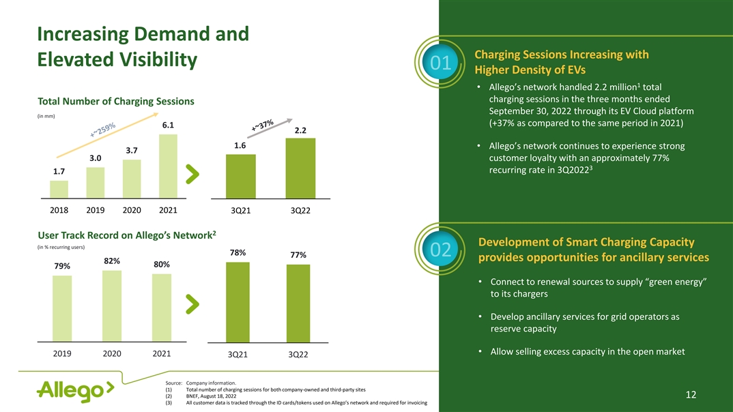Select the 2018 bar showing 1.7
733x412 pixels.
(x=59, y=189)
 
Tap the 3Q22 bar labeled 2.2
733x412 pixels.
(x=300, y=168)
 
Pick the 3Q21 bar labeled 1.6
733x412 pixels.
(x=240, y=176)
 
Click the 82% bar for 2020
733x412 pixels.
(x=112, y=306)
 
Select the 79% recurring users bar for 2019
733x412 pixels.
(x=62, y=308)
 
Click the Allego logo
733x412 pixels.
(x=75, y=392)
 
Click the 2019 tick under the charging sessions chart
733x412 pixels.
(x=96, y=209)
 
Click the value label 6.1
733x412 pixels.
(x=168, y=126)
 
